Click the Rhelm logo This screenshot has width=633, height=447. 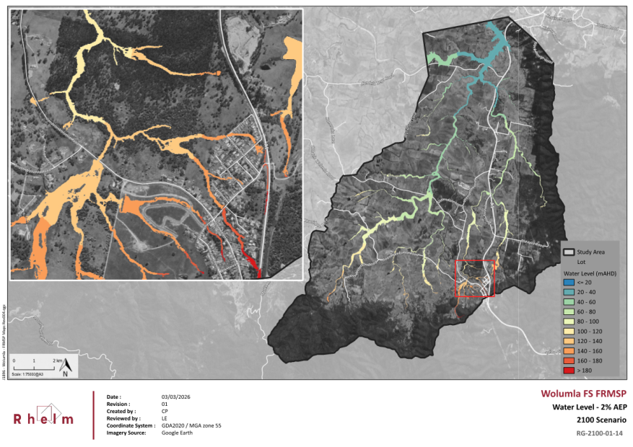(x=43, y=416)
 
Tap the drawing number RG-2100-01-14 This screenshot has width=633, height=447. (x=599, y=433)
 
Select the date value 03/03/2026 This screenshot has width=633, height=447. (x=175, y=397)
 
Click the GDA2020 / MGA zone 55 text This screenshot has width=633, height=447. (x=191, y=425)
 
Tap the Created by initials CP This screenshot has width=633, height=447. (x=165, y=411)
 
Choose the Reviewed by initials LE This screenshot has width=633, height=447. (x=164, y=418)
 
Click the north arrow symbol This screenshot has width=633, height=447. (x=65, y=367)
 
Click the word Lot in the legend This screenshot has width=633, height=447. (x=582, y=262)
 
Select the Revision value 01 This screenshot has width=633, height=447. (x=165, y=404)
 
